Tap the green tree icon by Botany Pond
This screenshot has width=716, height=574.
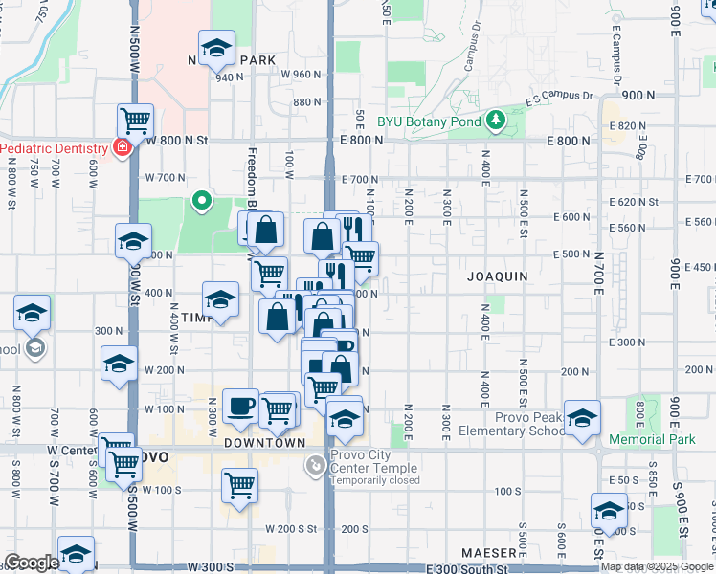click(x=496, y=120)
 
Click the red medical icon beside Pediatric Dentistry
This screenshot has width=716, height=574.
click(x=122, y=148)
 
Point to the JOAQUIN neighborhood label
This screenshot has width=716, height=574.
click(x=498, y=276)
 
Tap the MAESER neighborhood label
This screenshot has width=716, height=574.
click(x=488, y=553)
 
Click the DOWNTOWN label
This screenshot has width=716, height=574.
click(x=264, y=443)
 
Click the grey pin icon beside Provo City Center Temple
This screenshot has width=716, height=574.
click(x=315, y=466)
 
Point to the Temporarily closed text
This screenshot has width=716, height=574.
click(x=375, y=480)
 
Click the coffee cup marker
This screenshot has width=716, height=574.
click(x=240, y=406)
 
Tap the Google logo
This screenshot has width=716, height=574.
click(x=32, y=563)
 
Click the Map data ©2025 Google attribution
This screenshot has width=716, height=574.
click(x=656, y=566)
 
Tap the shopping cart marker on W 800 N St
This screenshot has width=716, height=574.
click(x=136, y=121)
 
